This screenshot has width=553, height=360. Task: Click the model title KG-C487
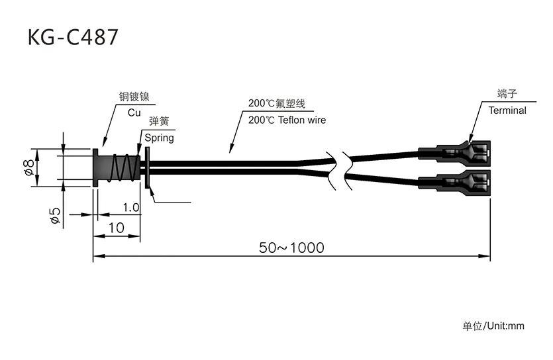[x=73, y=37]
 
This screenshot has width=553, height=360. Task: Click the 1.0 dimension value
[x=131, y=208]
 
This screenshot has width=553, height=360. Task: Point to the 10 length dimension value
[x=116, y=227]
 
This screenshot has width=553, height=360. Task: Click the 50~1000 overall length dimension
[x=291, y=247]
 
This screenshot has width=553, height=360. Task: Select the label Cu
[x=134, y=112]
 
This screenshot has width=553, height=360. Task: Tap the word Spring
[x=159, y=138]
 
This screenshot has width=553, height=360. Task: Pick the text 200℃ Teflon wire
[x=287, y=120]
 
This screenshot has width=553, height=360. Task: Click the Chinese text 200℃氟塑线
[x=276, y=104]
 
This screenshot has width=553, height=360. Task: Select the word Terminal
[x=507, y=111]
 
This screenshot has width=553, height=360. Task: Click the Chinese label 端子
[x=507, y=94]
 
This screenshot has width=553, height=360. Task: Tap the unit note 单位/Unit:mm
[x=493, y=326]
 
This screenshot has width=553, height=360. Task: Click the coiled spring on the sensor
[x=124, y=169]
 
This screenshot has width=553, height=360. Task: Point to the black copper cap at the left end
[x=97, y=168]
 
